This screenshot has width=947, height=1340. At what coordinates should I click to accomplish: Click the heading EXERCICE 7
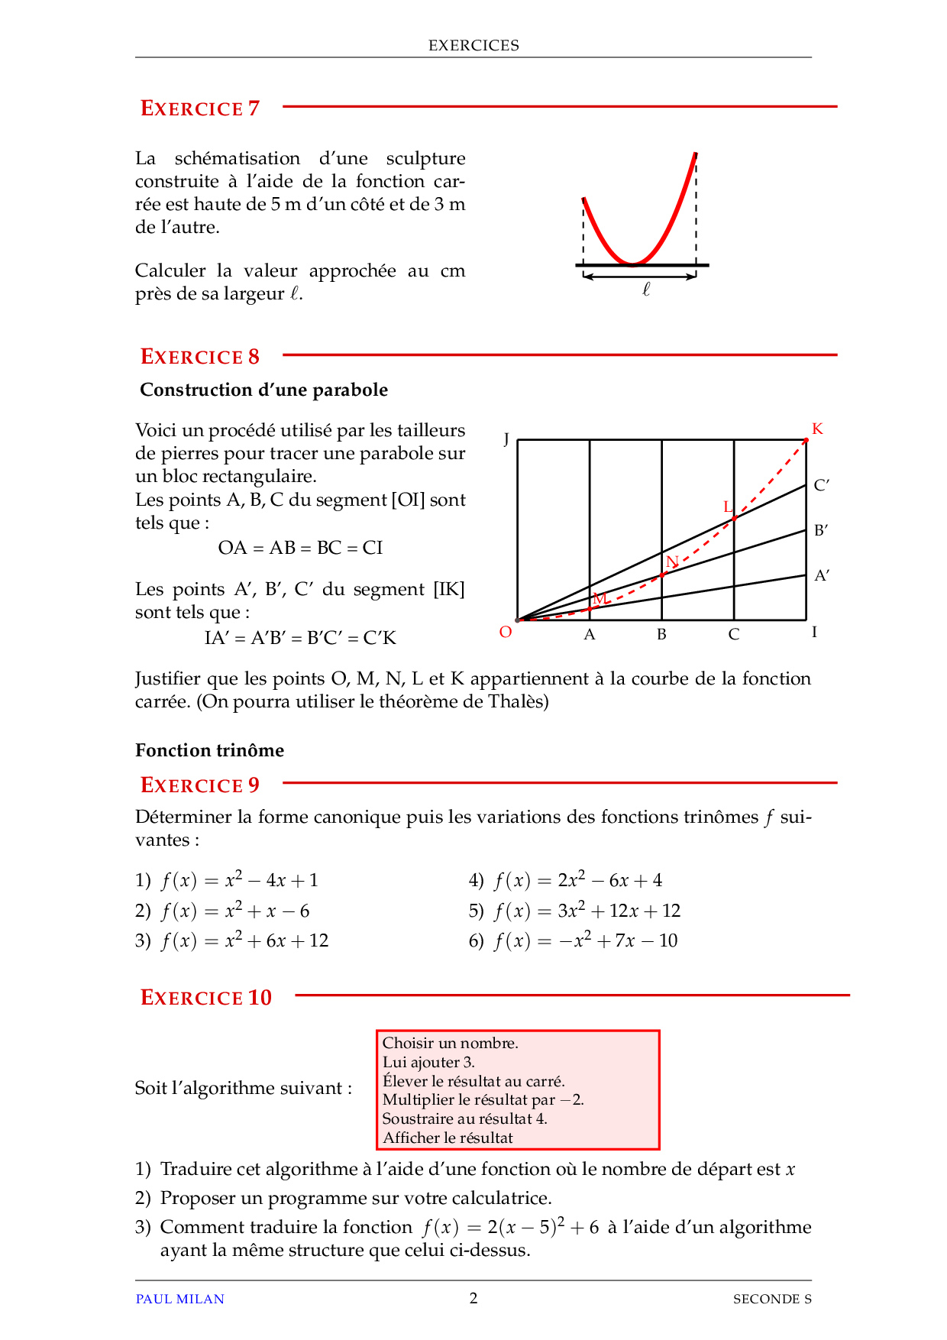200,108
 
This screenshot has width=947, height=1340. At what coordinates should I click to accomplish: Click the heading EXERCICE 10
206,998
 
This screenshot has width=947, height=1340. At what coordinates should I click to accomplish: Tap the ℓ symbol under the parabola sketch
646,290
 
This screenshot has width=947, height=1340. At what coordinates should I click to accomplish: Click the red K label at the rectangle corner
817,429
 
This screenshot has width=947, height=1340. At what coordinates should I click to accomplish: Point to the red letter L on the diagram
728,507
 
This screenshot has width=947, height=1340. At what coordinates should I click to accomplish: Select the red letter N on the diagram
672,562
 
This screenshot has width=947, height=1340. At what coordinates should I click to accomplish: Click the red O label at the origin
506,632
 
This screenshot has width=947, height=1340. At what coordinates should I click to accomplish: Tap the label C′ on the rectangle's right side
822,485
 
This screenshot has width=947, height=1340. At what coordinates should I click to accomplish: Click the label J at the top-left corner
506,439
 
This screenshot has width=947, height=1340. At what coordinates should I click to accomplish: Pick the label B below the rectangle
661,635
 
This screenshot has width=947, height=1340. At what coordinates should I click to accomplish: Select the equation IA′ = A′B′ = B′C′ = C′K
300,638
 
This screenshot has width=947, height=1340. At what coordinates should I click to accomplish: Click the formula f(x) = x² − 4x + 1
240,881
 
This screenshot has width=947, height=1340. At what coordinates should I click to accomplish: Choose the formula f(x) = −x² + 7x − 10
586,941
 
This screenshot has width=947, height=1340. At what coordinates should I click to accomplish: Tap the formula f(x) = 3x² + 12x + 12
587,911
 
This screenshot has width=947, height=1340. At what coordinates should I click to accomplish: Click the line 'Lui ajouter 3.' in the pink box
428,1062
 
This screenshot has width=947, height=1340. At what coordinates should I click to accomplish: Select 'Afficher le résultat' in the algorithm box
448,1138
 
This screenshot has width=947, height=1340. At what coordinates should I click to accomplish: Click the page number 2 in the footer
473,1298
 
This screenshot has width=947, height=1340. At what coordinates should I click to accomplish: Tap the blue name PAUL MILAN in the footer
180,1299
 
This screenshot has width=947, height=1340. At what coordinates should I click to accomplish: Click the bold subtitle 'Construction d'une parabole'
264,390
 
